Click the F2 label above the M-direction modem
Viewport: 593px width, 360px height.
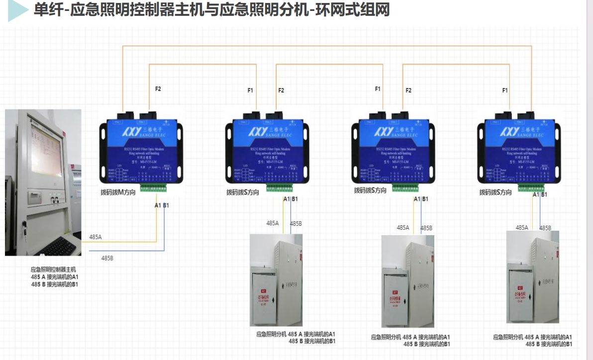(158, 89)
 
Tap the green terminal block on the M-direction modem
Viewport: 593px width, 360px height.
(153, 188)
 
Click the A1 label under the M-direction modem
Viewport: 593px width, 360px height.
(158, 205)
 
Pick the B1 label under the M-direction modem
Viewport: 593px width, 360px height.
(166, 205)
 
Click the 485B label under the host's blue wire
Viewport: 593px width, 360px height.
(107, 258)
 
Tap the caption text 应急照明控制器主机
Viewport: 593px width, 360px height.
(54, 270)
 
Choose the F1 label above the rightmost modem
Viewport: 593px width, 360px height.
(505, 90)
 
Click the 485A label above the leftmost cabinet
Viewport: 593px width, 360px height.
(273, 223)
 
